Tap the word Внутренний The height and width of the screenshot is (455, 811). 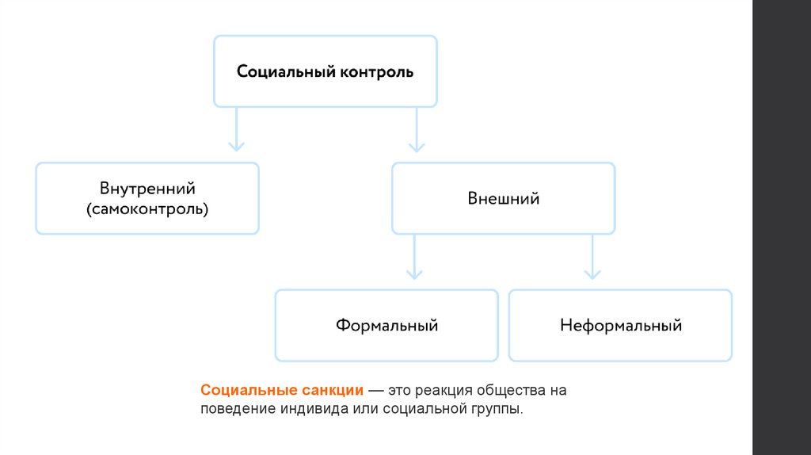pyautogui.click(x=147, y=189)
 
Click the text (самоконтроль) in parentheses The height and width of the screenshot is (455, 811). pyautogui.click(x=147, y=209)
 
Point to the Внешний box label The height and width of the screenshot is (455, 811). pyautogui.click(x=503, y=198)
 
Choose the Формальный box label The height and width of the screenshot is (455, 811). pyautogui.click(x=386, y=325)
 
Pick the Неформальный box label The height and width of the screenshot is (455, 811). pyautogui.click(x=620, y=325)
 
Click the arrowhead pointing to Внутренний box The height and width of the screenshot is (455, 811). pyautogui.click(x=236, y=145)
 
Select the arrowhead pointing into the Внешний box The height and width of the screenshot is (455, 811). pyautogui.click(x=417, y=145)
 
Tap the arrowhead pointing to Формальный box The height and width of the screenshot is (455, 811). pyautogui.click(x=413, y=273)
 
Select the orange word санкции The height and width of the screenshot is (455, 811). pyautogui.click(x=333, y=391)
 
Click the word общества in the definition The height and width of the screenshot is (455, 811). pyautogui.click(x=512, y=391)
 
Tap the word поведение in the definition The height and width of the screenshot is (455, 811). pyautogui.click(x=236, y=409)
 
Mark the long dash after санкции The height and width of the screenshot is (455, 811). pyautogui.click(x=375, y=391)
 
